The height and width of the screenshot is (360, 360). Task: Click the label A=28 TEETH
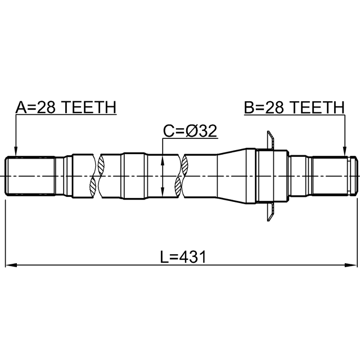click(x=66, y=107)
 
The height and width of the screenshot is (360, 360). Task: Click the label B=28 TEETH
click(x=294, y=107)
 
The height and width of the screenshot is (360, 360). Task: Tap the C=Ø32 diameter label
click(x=190, y=131)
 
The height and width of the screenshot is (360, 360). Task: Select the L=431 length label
click(x=183, y=256)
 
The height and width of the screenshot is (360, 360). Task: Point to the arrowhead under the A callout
click(x=16, y=151)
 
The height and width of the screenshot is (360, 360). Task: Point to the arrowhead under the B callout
click(x=344, y=151)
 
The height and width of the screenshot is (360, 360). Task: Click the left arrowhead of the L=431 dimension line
click(x=11, y=265)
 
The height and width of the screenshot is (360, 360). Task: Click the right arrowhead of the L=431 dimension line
click(x=352, y=265)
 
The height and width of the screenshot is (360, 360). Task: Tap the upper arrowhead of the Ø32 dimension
click(x=163, y=160)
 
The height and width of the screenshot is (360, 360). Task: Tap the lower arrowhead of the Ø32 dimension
click(x=163, y=192)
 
